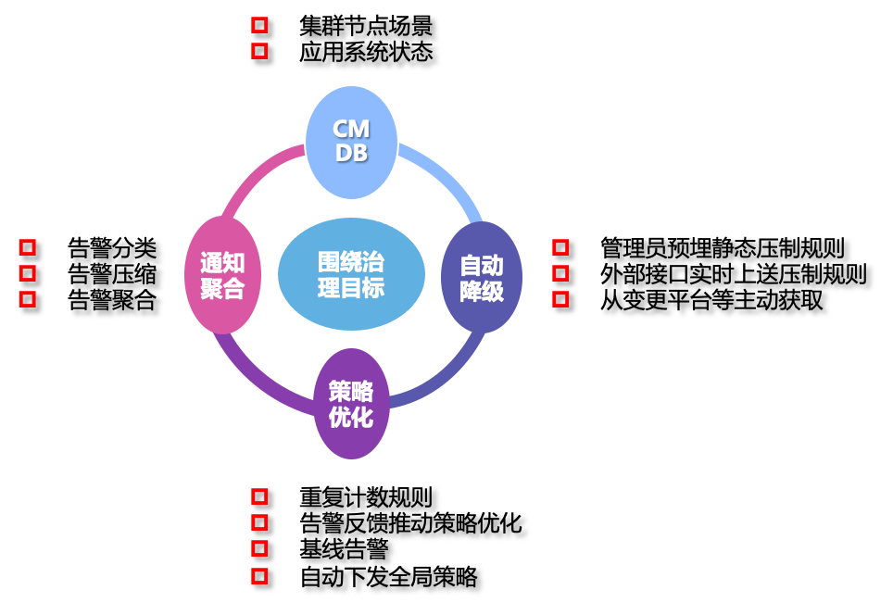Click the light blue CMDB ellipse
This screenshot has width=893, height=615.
tap(351, 143)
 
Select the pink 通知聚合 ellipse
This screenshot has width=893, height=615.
tap(222, 275)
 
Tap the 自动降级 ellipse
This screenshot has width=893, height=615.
tap(482, 277)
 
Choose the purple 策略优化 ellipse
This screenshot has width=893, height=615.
tap(351, 404)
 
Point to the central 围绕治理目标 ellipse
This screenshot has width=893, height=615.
tap(351, 274)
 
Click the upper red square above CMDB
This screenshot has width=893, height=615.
tap(259, 25)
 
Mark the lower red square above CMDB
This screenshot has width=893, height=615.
tap(259, 51)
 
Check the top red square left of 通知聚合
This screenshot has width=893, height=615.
tap(28, 247)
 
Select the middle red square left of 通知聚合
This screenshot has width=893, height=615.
tap(28, 273)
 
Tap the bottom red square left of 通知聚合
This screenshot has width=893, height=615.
tap(28, 299)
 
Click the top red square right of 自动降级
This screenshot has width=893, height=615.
tap(560, 247)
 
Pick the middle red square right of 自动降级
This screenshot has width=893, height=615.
tap(560, 273)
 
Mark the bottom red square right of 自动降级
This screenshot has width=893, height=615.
tap(560, 299)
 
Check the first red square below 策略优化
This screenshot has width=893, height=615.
tap(259, 496)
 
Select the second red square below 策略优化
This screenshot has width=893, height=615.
tap(259, 522)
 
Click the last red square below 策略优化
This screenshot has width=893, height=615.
tap(259, 576)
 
